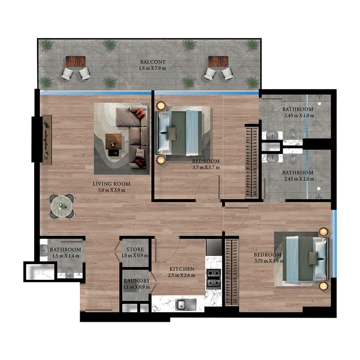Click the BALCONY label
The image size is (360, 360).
[x=153, y=62]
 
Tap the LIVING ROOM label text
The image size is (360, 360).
[x=112, y=184]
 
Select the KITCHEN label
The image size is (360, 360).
[x=182, y=269]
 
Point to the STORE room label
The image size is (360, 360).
[x=135, y=249]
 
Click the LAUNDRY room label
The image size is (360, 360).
[x=137, y=281]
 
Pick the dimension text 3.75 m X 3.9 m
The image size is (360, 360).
[x=269, y=261]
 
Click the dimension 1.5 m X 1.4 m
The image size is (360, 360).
[x=66, y=256]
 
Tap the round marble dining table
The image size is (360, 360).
[x=62, y=206]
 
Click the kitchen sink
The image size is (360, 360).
[x=186, y=305]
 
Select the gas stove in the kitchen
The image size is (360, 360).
[x=213, y=279]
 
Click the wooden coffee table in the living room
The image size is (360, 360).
[x=113, y=141]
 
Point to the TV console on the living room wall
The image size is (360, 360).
[x=47, y=140]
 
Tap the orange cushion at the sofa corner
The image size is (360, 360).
[x=140, y=113]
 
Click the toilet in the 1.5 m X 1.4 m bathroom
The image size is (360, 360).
[x=69, y=273]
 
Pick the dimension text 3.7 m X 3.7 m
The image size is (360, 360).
[x=206, y=167]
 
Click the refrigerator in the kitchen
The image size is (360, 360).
[x=214, y=247]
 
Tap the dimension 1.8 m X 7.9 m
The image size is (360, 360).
[x=153, y=68]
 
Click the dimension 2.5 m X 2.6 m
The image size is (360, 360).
[x=182, y=275]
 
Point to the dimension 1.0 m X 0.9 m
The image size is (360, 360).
[x=135, y=255]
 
